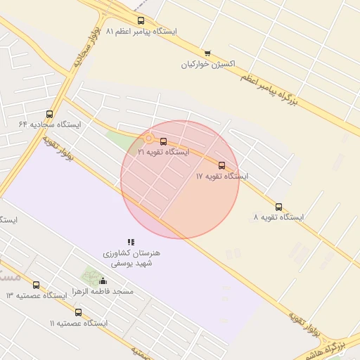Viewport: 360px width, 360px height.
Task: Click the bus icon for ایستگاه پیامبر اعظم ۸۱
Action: pos(141,21)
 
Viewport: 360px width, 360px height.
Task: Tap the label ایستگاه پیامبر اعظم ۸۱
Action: pos(141,32)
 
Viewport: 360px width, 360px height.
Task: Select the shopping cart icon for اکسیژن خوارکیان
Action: pos(207,53)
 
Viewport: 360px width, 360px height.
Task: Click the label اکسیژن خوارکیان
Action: pos(207,65)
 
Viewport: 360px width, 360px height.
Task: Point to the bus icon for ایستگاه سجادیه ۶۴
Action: pos(49,114)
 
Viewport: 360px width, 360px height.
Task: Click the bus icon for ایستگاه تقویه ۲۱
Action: pos(164,141)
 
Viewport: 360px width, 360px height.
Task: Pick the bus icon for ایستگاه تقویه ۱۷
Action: pos(222,166)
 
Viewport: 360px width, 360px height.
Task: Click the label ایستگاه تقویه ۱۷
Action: pos(222,176)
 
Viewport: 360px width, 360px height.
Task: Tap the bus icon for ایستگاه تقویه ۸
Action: pos(279,207)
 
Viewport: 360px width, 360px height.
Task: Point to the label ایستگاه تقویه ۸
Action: pos(278,217)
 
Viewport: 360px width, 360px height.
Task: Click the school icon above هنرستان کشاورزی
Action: pos(131,242)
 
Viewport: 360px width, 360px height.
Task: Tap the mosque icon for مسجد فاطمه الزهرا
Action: pos(103,281)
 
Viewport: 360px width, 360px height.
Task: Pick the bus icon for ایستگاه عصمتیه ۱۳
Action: pos(36,285)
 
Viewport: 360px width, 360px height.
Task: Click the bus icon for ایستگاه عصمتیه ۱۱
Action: pos(78,312)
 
